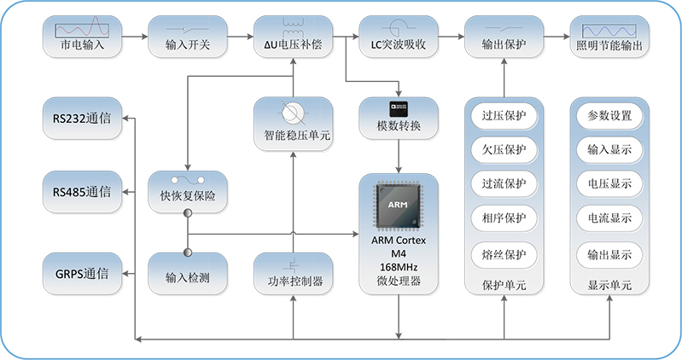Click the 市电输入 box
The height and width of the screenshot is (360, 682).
(x=82, y=38)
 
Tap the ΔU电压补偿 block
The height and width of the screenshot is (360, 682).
(x=293, y=38)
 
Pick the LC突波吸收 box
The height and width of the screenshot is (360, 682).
(x=398, y=38)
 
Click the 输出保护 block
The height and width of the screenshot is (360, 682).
(x=504, y=38)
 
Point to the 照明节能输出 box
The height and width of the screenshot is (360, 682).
(x=609, y=38)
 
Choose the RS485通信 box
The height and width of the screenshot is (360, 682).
(x=81, y=192)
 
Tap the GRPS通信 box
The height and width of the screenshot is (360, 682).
(x=81, y=274)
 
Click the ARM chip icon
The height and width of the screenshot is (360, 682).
(x=399, y=206)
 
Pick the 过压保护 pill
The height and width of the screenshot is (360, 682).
(x=504, y=116)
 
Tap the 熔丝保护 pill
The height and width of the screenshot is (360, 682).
(x=504, y=253)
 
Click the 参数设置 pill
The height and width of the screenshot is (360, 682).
(x=609, y=116)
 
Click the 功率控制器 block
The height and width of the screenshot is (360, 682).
(x=293, y=274)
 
